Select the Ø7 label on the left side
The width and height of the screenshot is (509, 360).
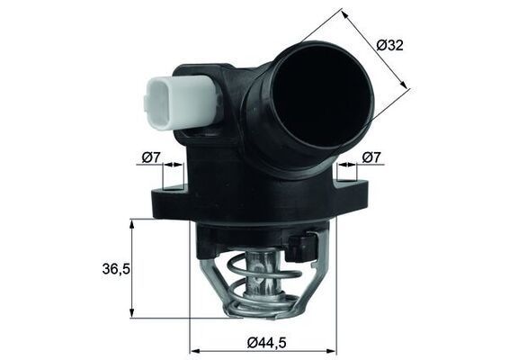[x=150, y=157]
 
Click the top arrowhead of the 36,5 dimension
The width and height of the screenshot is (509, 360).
[x=132, y=224]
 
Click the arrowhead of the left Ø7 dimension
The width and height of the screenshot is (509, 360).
[x=179, y=166]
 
